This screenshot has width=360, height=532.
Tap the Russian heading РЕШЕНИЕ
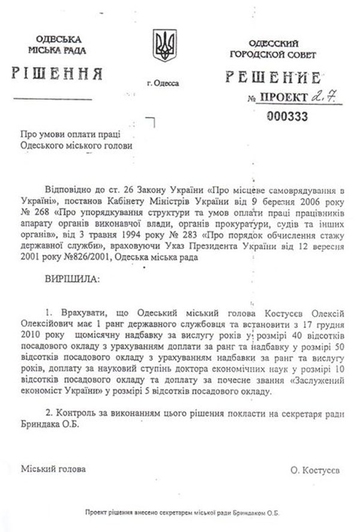point(272,77)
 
